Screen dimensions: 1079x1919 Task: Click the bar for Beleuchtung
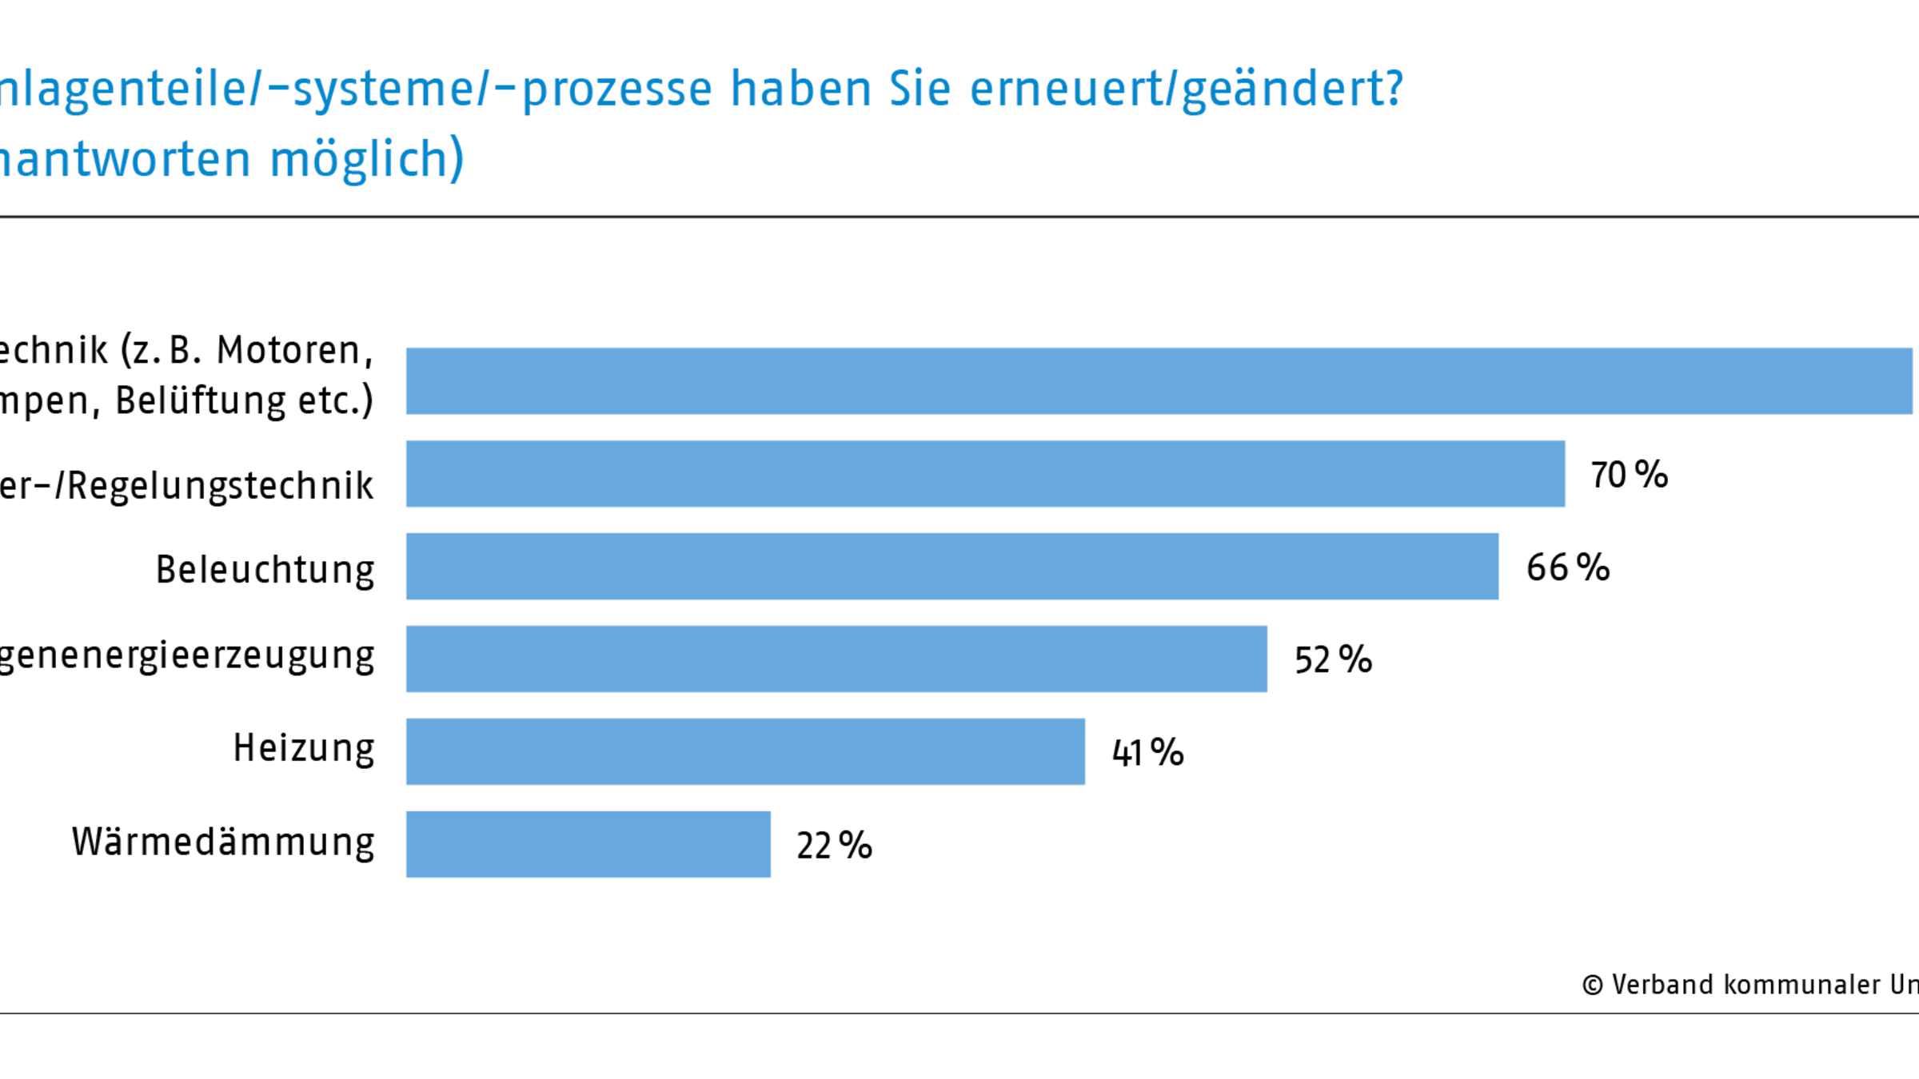[x=952, y=566]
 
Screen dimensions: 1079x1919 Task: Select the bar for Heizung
[x=745, y=751]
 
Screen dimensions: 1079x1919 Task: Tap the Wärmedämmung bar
[x=588, y=844]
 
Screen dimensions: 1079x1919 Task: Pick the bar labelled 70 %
[x=985, y=473]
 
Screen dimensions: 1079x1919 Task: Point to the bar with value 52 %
[x=836, y=659]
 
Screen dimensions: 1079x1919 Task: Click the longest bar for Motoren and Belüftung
[x=1159, y=380]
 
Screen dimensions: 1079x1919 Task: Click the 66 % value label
[x=1567, y=567]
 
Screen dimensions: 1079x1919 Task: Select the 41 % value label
[x=1147, y=752]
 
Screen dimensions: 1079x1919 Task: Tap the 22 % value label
[x=834, y=845]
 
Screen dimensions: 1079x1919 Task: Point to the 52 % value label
[x=1333, y=659]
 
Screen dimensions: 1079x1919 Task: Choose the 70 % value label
[x=1629, y=475]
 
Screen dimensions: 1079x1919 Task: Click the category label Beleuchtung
[x=265, y=570]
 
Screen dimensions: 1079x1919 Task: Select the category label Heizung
[x=303, y=749]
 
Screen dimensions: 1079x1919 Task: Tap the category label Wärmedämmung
[x=223, y=842]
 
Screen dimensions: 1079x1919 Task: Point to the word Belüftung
[x=200, y=400]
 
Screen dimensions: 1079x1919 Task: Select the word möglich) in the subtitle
[x=366, y=158]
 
